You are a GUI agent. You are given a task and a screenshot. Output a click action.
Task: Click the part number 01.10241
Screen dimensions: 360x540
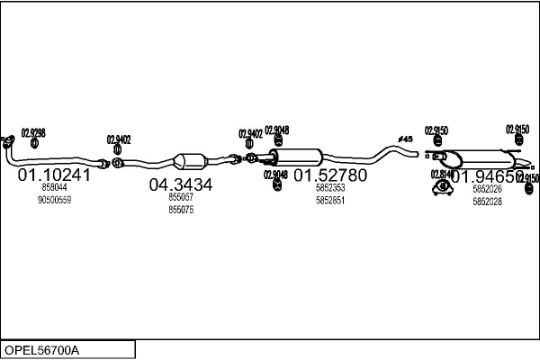click(55, 175)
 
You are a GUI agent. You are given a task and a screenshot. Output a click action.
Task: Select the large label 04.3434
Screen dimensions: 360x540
click(180, 184)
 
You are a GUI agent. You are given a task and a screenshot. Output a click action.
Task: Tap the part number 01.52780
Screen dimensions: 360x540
click(330, 175)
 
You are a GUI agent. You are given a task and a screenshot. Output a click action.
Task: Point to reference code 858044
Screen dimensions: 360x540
click(54, 187)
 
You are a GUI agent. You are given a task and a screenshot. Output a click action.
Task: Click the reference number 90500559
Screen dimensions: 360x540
click(54, 200)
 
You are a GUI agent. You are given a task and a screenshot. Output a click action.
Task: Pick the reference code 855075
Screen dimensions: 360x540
click(181, 210)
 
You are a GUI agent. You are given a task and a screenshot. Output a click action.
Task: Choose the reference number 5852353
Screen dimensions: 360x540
click(330, 188)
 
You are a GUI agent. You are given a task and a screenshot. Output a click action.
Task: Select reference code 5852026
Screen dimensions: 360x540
click(487, 189)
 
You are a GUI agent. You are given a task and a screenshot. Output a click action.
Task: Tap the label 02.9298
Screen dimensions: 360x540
click(32, 131)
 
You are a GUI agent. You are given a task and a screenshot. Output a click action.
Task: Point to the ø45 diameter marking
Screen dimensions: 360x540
click(405, 139)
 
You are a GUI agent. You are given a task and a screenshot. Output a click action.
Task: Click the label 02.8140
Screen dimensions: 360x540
click(442, 174)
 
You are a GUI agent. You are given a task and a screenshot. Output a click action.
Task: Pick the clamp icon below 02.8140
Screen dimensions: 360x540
click(442, 187)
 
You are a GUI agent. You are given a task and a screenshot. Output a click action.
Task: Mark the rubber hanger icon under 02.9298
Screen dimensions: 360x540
click(33, 142)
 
